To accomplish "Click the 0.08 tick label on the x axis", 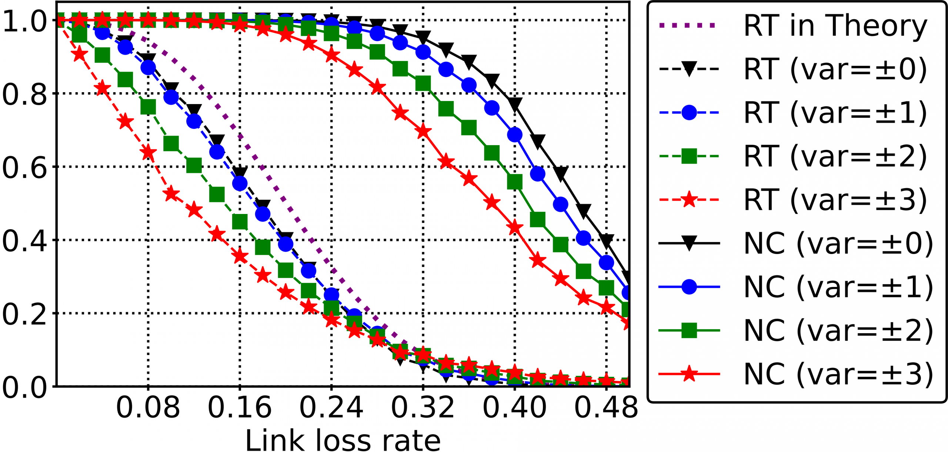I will point(148,408).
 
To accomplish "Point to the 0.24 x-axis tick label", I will point(331,408).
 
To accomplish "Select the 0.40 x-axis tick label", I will point(514,408).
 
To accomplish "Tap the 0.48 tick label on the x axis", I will point(606,408).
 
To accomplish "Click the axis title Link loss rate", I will point(343,440).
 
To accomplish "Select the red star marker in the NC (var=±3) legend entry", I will point(689,374).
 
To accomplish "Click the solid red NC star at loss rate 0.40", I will point(514,228).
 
